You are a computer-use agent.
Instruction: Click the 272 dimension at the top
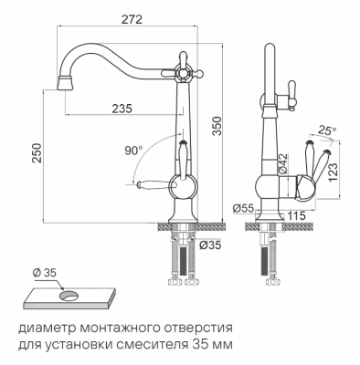pos(132,17)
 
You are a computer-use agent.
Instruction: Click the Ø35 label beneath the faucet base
pos(209,244)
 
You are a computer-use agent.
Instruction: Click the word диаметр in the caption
pos(47,327)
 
